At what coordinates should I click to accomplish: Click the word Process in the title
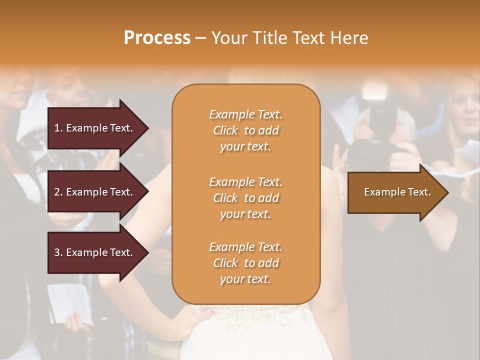(157, 38)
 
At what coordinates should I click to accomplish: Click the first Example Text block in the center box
(245, 130)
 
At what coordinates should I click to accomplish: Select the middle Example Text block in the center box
(245, 197)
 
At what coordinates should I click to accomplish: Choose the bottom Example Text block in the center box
(245, 263)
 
